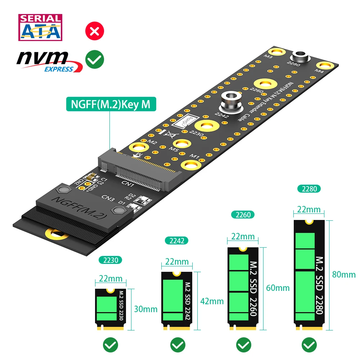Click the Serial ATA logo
coord(40,27)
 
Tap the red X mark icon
coord(94,31)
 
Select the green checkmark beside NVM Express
coord(94,59)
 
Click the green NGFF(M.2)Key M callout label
coord(108,104)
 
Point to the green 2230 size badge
coord(111,260)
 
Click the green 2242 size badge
coord(176,240)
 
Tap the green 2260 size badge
coord(242,215)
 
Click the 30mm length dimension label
coord(145,309)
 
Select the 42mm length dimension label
coord(212,301)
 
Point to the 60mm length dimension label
coord(278,288)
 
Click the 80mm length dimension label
coord(343,275)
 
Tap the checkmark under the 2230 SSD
coord(110,345)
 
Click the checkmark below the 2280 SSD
coord(309,345)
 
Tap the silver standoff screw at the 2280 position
coord(302,56)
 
